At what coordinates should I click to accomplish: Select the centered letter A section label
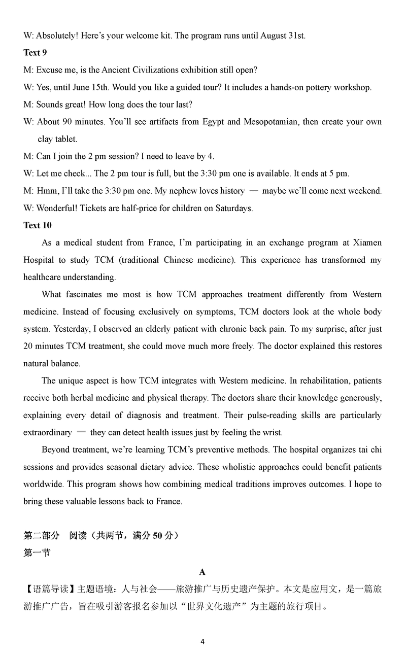[202, 572]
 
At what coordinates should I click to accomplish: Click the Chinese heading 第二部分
[42, 536]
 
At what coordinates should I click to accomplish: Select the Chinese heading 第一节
[37, 553]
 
